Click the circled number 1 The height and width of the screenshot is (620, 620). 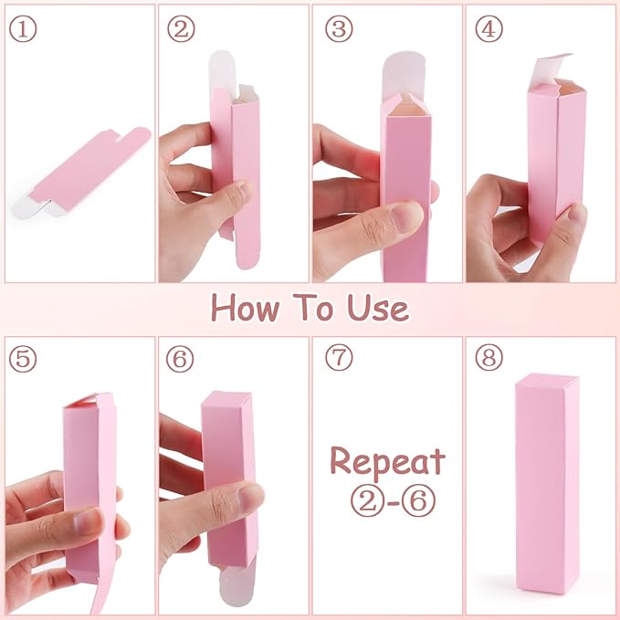pyautogui.click(x=23, y=29)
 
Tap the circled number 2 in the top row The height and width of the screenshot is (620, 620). pyautogui.click(x=181, y=29)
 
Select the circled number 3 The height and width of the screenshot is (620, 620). pyautogui.click(x=339, y=29)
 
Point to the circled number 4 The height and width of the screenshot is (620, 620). pyautogui.click(x=489, y=29)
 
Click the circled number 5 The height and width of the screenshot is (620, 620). pyautogui.click(x=23, y=359)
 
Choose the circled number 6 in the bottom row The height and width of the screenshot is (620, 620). pyautogui.click(x=180, y=359)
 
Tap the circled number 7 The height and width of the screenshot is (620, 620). pyautogui.click(x=339, y=357)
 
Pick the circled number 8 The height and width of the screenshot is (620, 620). pyautogui.click(x=489, y=357)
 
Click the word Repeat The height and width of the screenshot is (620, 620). pyautogui.click(x=387, y=461)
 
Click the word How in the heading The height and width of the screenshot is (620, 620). pyautogui.click(x=245, y=307)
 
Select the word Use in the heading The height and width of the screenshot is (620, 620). pyautogui.click(x=378, y=307)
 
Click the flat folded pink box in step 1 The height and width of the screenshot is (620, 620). pyautogui.click(x=81, y=174)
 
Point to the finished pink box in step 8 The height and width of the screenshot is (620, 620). pyautogui.click(x=547, y=484)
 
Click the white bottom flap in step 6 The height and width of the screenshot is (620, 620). pyautogui.click(x=236, y=584)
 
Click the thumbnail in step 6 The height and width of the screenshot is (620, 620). pyautogui.click(x=250, y=498)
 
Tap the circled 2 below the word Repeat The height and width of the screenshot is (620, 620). pyautogui.click(x=367, y=500)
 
